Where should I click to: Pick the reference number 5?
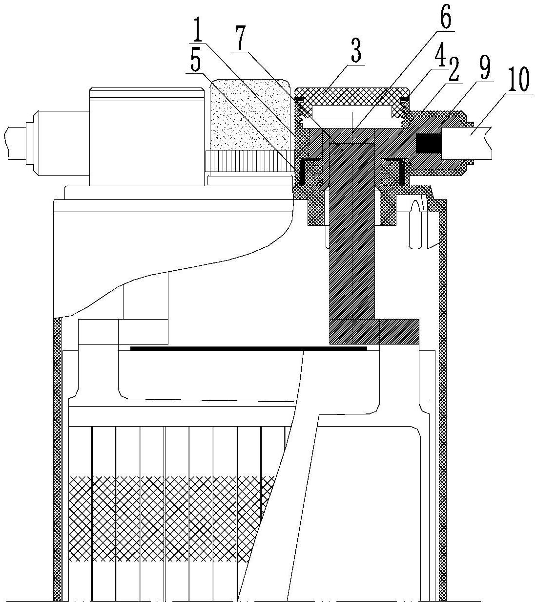(195, 62)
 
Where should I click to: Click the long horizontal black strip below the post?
(248, 348)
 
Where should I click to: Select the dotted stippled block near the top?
(250, 115)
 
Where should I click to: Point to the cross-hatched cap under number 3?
(352, 96)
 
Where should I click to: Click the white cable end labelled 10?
(467, 143)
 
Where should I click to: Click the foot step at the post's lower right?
(399, 332)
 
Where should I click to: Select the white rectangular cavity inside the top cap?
(352, 111)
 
